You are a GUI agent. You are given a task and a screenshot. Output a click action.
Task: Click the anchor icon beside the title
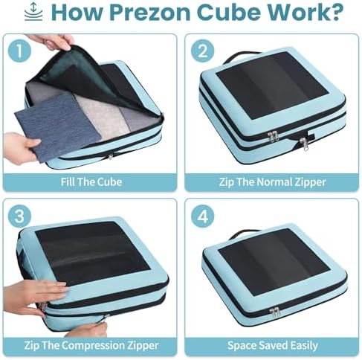coord(33,12)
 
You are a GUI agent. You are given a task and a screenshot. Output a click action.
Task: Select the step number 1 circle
coord(20,51)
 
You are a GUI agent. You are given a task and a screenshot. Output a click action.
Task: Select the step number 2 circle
coord(203,51)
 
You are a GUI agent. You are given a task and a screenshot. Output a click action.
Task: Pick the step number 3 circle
coord(19,216)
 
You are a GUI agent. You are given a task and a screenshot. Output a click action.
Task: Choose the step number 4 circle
coord(203,216)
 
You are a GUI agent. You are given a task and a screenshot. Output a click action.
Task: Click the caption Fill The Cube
coord(91,182)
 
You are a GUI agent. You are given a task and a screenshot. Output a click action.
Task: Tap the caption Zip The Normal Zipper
coord(272,182)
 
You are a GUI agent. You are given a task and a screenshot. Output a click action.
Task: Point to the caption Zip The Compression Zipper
coord(91,345)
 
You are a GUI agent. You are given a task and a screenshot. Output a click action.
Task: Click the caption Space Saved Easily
coord(273,345)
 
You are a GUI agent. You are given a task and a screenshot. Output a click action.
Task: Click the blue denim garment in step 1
coord(58,126)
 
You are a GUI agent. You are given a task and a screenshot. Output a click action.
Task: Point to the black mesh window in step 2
coord(272,85)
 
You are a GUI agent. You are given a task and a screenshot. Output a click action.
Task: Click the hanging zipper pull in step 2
coord(305,144)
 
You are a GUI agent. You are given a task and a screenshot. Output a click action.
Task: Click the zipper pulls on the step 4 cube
coord(274,312)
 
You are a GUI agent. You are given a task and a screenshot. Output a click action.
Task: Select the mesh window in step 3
coord(93,254)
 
